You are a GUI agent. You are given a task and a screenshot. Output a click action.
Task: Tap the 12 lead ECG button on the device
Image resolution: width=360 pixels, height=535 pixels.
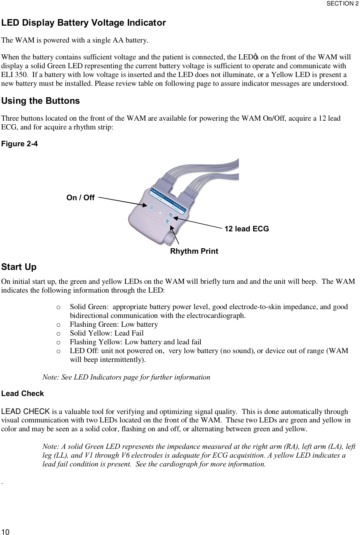tap(171, 215)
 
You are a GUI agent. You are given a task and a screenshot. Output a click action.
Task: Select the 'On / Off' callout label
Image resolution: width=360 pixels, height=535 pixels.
tap(80, 198)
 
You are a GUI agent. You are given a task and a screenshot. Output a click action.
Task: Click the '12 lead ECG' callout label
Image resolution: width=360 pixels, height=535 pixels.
tap(247, 229)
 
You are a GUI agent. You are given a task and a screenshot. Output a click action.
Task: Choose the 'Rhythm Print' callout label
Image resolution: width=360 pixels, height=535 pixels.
tap(194, 251)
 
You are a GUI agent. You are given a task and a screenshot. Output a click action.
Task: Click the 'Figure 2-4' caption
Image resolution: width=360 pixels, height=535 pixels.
tap(19, 144)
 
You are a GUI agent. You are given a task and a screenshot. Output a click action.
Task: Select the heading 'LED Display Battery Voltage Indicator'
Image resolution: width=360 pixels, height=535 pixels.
tap(84, 23)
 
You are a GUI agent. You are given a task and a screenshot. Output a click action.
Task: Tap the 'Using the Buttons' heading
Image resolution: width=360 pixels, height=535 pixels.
tap(40, 101)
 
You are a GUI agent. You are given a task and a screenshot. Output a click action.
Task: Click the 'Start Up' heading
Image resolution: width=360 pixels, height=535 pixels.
tap(19, 267)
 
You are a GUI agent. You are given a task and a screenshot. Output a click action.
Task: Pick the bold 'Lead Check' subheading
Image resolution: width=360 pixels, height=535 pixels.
tap(23, 393)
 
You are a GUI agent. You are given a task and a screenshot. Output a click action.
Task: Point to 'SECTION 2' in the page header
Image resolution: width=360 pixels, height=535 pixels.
tap(342, 4)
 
